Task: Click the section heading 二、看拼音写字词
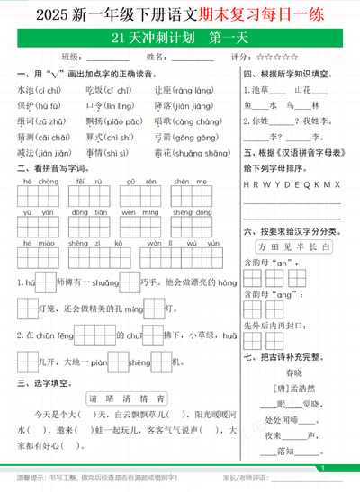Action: coord(49,168)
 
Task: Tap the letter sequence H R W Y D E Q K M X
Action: coord(292,184)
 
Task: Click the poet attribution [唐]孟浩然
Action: coord(292,388)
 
